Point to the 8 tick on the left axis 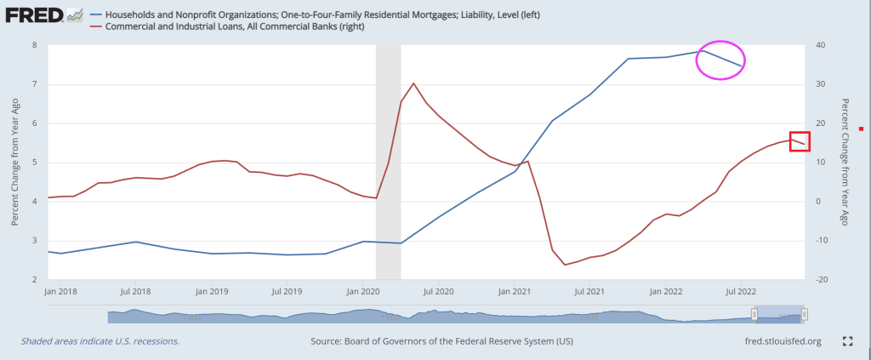click(34, 44)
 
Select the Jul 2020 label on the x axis click(436, 291)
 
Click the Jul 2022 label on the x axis click(740, 291)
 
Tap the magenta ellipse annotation click(720, 60)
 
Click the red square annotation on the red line click(800, 141)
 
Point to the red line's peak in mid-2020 click(413, 83)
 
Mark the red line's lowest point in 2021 click(565, 265)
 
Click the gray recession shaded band click(388, 162)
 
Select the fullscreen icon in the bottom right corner click(846, 341)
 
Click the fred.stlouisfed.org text click(782, 341)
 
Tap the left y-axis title click(15, 162)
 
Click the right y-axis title click(845, 162)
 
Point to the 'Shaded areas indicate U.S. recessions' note click(100, 341)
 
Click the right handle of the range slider click(804, 315)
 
